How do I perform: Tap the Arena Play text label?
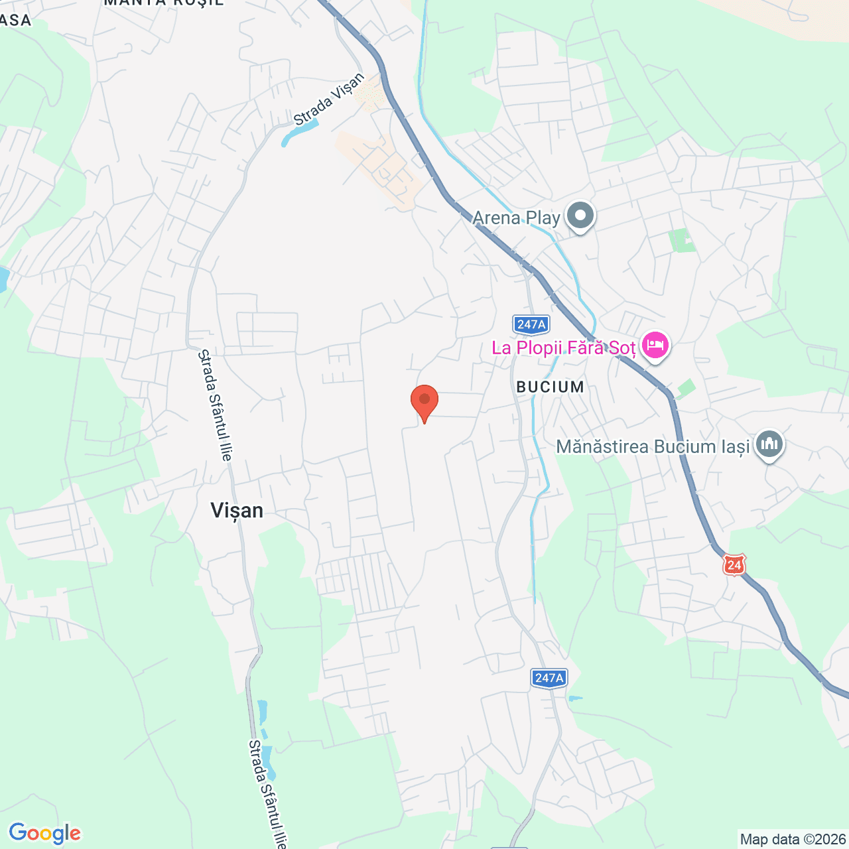point(516,218)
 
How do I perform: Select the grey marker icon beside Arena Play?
point(581,216)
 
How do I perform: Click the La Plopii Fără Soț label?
point(563,348)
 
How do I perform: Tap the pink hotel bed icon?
point(655,346)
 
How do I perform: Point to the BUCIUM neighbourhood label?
point(550,387)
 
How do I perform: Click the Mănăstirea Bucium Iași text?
point(653,446)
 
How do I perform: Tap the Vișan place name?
point(237,510)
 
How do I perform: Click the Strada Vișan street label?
point(329,99)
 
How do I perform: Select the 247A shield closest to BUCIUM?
point(531,324)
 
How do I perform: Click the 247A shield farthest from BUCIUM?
point(549,678)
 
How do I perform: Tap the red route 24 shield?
point(734,565)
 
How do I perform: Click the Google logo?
point(44,833)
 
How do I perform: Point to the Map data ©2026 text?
point(793,840)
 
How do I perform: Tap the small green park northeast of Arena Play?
point(682,241)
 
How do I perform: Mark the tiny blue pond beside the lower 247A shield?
point(576,698)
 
